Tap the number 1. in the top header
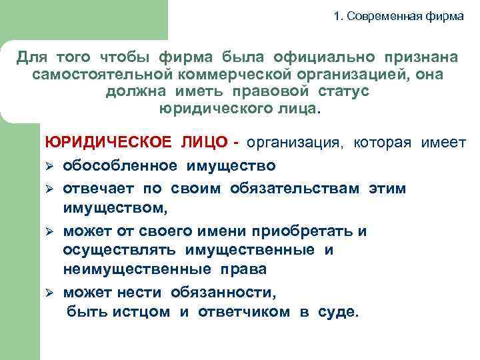coord(339,16)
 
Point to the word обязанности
coord(223,292)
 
